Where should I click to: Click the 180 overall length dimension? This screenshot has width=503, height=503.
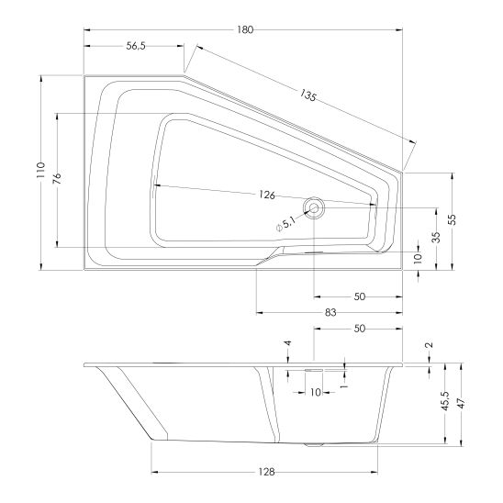pyautogui.click(x=245, y=30)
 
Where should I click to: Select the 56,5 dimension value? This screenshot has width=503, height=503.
pyautogui.click(x=136, y=46)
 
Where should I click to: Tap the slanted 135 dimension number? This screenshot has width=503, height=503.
pyautogui.click(x=308, y=95)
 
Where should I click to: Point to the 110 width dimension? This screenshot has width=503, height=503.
pyautogui.click(x=40, y=170)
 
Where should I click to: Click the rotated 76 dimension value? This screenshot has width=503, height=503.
pyautogui.click(x=57, y=178)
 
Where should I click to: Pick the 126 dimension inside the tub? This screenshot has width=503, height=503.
pyautogui.click(x=267, y=195)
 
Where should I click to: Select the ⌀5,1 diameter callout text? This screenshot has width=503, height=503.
pyautogui.click(x=285, y=224)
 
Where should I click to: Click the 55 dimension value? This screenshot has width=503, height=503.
pyautogui.click(x=452, y=219)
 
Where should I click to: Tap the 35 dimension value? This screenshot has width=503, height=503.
pyautogui.click(x=436, y=237)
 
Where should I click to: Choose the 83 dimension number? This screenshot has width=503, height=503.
pyautogui.click(x=330, y=312)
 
